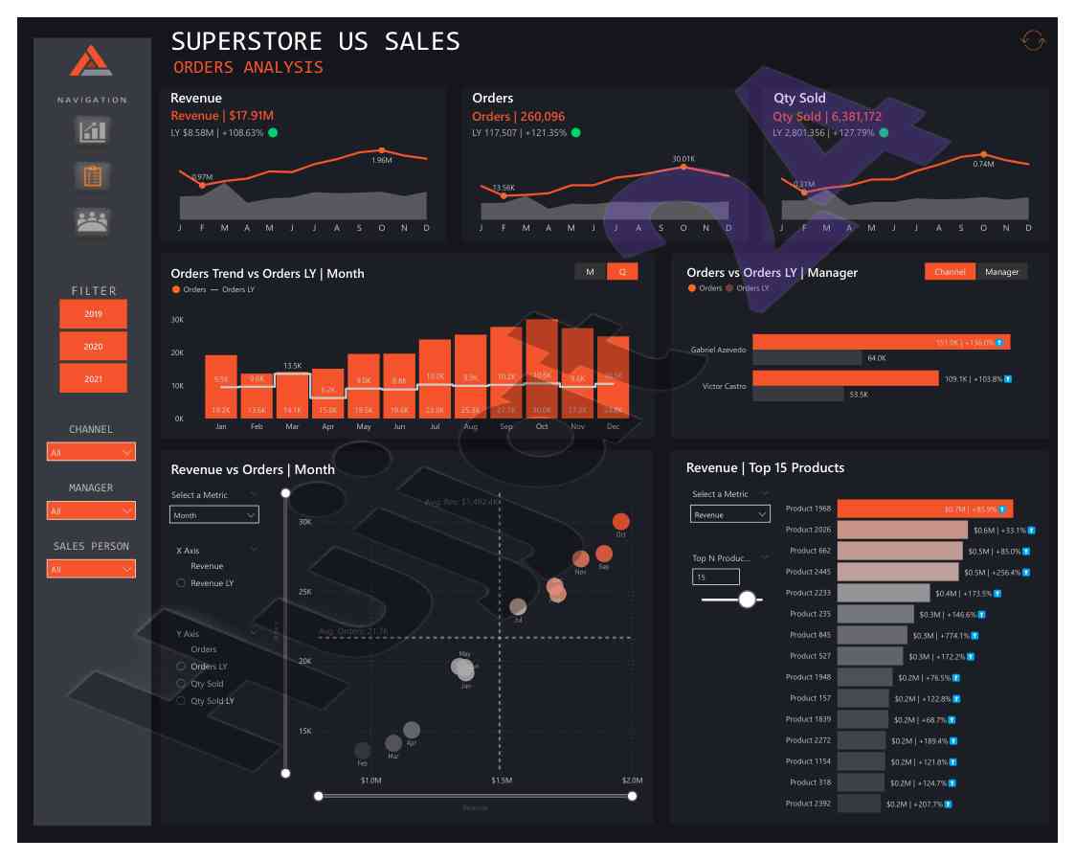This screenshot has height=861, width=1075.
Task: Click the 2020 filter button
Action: click(93, 346)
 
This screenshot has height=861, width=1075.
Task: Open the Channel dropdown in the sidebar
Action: click(91, 452)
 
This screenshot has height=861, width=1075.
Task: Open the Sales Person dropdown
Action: click(91, 569)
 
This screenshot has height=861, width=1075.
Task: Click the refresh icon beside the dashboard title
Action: click(1033, 40)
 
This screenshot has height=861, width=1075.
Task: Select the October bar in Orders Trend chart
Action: click(543, 369)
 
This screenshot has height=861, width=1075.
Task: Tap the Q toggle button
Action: click(622, 272)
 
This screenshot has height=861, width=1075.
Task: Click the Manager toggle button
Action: click(1001, 272)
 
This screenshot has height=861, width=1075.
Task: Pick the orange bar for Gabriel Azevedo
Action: click(881, 342)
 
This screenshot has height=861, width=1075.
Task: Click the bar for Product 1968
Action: click(925, 509)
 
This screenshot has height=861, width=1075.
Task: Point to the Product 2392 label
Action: click(809, 804)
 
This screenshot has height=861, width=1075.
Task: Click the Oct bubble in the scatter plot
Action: click(620, 522)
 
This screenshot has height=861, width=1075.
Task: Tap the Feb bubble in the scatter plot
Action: click(363, 750)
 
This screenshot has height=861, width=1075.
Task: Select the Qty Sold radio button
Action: click(181, 684)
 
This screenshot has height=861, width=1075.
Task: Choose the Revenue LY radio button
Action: click(181, 582)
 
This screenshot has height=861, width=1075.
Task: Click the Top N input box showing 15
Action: click(715, 577)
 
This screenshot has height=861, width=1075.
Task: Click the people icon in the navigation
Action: click(93, 220)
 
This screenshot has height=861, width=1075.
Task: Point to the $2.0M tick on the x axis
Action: click(632, 781)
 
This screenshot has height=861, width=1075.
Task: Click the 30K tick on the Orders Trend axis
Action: click(177, 320)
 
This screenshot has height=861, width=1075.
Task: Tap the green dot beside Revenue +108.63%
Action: click(273, 132)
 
